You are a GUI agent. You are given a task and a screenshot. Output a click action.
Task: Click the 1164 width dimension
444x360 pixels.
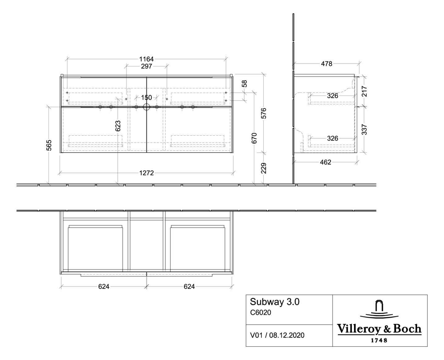click(x=146, y=59)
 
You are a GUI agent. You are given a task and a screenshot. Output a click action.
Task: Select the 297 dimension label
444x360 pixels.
click(x=146, y=66)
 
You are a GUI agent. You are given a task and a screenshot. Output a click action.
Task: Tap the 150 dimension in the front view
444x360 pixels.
click(x=146, y=98)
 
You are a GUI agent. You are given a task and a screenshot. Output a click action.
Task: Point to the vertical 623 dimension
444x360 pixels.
click(x=118, y=126)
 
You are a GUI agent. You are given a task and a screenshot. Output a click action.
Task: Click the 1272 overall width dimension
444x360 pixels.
click(x=146, y=173)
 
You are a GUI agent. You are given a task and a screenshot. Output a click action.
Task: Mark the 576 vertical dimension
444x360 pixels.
click(x=264, y=113)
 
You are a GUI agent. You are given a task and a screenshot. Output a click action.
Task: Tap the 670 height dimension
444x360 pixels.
click(x=254, y=138)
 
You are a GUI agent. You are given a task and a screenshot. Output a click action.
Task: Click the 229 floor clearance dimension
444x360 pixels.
click(x=264, y=168)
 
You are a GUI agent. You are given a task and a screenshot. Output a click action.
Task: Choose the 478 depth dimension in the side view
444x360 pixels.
click(x=326, y=64)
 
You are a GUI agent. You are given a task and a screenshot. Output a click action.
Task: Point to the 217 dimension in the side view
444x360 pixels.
click(x=365, y=91)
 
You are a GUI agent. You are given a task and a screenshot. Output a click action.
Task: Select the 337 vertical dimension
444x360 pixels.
click(x=365, y=129)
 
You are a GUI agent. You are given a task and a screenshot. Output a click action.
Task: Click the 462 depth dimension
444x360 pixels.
click(x=325, y=162)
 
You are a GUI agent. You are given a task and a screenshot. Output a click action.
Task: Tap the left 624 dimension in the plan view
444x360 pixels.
click(x=104, y=287)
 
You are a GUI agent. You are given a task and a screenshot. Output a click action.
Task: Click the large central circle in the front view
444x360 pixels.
click(x=146, y=107)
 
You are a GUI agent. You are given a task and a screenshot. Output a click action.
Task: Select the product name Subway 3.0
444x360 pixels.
click(x=274, y=302)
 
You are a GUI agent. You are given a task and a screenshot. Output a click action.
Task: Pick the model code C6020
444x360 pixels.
click(x=260, y=312)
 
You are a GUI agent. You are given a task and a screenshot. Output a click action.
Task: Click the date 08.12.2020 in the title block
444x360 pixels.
click(x=286, y=335)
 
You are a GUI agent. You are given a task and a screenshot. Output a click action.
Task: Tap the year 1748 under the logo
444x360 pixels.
click(x=378, y=340)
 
